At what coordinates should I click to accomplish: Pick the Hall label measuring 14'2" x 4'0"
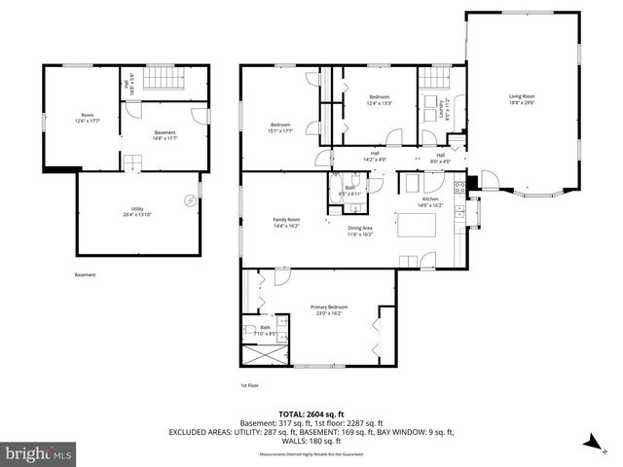375,156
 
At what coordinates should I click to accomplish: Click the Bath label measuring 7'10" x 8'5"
264,330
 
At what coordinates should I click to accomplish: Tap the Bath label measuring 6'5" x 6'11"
350,191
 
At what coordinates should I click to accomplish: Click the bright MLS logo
39,453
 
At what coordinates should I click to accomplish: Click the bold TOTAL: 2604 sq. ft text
311,413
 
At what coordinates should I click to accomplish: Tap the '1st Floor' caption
249,386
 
